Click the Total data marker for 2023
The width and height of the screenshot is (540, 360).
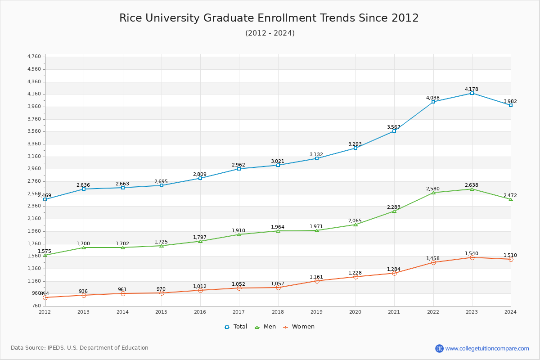point(472,93)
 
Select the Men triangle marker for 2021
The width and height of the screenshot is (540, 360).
point(394,211)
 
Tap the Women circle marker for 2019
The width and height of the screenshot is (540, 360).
point(317,281)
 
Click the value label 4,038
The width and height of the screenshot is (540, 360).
point(433,98)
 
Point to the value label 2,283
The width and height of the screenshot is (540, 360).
point(394,207)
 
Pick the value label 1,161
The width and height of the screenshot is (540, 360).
point(316,277)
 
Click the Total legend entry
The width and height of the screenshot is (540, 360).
point(236,327)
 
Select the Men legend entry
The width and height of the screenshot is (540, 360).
point(266,327)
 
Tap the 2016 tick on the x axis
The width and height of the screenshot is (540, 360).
point(200,311)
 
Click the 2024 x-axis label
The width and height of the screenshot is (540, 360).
point(510,311)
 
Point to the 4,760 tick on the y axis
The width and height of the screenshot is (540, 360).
point(34,57)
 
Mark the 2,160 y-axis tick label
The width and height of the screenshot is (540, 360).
point(34,219)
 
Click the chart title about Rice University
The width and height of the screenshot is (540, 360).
point(269,18)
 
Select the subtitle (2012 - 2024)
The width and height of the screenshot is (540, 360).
point(270,33)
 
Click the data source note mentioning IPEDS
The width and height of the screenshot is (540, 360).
point(80,348)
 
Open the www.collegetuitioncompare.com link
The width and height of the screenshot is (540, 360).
point(487,348)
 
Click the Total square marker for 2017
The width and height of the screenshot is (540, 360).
point(239,169)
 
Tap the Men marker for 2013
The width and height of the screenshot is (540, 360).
point(84,247)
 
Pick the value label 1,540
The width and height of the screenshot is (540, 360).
point(472,253)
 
